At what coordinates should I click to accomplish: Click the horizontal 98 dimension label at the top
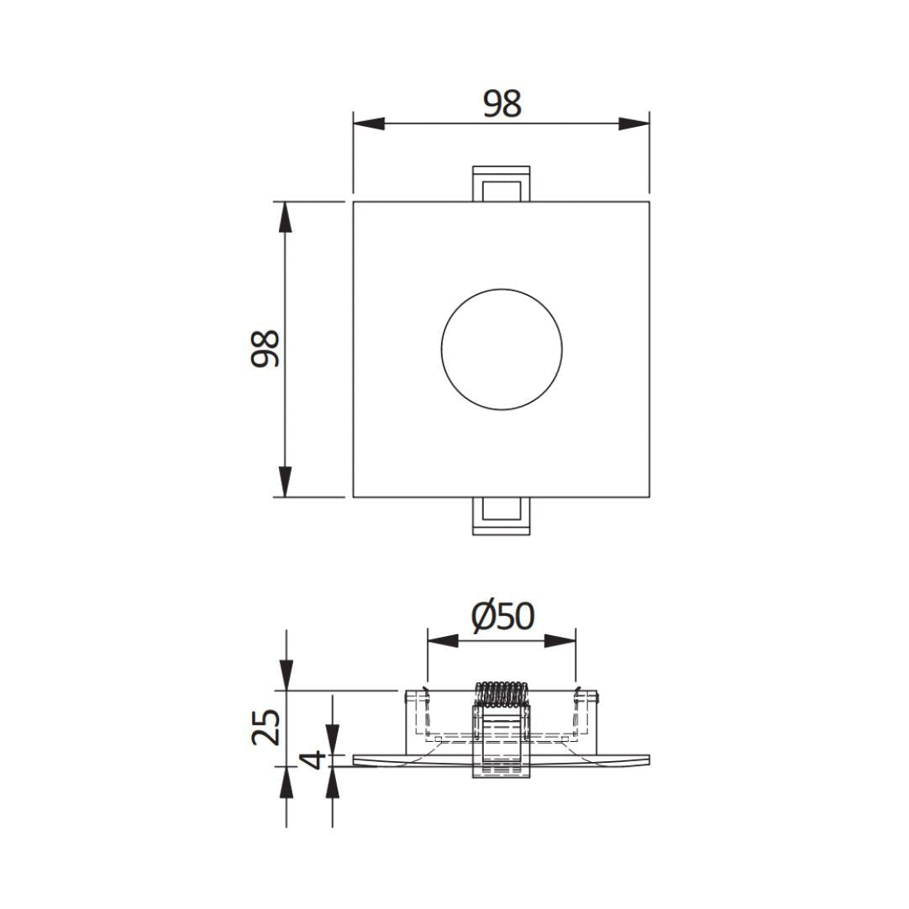pyautogui.click(x=502, y=104)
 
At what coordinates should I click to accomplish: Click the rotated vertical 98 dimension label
pyautogui.click(x=265, y=349)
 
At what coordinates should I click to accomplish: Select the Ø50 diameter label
pyautogui.click(x=502, y=617)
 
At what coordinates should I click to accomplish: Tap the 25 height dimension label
pyautogui.click(x=266, y=727)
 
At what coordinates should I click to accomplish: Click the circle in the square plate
pyautogui.click(x=502, y=349)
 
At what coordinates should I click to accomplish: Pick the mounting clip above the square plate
pyautogui.click(x=502, y=184)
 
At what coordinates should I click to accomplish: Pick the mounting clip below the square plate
pyautogui.click(x=502, y=516)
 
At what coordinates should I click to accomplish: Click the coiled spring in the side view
pyautogui.click(x=502, y=694)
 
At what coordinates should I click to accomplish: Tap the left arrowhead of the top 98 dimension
pyautogui.click(x=369, y=123)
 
